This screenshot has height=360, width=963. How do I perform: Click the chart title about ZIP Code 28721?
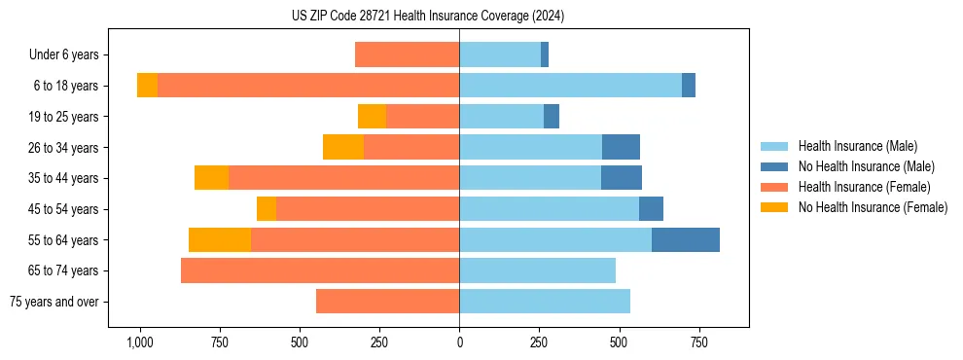click(x=428, y=16)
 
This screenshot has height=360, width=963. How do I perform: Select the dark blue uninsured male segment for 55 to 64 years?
click(x=686, y=239)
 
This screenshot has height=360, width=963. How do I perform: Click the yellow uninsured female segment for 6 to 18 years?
click(x=147, y=86)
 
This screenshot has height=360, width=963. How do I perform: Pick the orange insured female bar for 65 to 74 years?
click(x=320, y=270)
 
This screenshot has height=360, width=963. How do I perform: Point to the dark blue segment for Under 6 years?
click(x=545, y=54)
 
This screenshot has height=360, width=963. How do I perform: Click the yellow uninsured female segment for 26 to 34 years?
click(x=343, y=147)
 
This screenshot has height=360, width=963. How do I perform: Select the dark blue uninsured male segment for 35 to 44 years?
click(x=622, y=178)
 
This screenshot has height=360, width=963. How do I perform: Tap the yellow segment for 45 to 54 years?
click(x=267, y=209)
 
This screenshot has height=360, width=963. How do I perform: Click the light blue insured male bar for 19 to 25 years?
click(x=501, y=117)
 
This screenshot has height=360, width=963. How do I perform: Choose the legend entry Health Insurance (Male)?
click(x=857, y=146)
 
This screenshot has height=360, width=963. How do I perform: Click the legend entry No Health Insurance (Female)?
click(x=873, y=207)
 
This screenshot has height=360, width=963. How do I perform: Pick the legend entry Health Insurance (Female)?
click(x=864, y=187)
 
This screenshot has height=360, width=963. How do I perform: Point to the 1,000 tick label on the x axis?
click(x=140, y=342)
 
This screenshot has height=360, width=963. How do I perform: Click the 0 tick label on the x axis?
click(x=459, y=342)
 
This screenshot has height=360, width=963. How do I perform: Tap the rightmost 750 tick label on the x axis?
click(x=698, y=342)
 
